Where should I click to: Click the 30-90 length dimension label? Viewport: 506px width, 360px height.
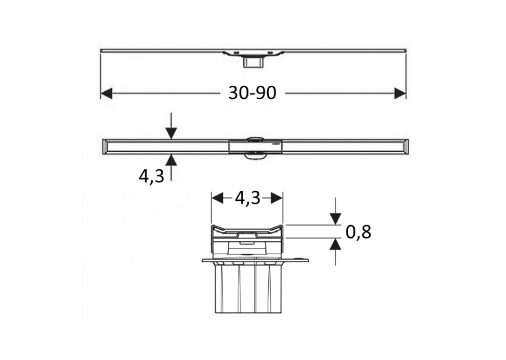point(252,93)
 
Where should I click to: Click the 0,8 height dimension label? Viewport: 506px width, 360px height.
point(358,232)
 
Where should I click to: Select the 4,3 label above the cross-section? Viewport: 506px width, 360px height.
point(248,198)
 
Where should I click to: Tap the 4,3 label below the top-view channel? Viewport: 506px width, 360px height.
point(152,176)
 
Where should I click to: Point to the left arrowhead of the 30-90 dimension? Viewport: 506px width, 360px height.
point(106,94)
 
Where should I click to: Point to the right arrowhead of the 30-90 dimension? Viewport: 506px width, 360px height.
point(400,94)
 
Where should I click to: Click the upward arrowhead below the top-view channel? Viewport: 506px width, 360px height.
point(171,160)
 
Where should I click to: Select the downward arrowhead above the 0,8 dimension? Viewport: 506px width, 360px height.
point(336,219)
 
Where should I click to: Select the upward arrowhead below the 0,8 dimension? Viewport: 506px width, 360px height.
point(336,244)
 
